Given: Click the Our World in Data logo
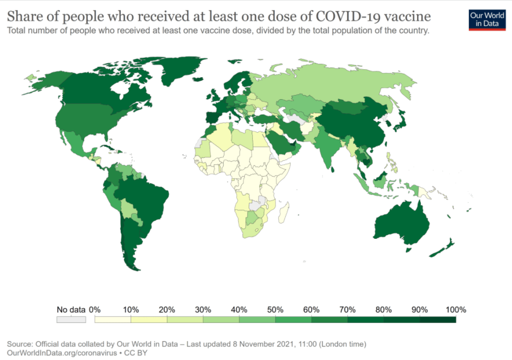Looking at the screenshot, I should pyautogui.click(x=487, y=19).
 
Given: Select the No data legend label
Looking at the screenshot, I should pyautogui.click(x=71, y=309).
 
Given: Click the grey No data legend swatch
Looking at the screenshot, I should pyautogui.click(x=71, y=319).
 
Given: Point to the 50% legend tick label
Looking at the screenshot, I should pyautogui.click(x=275, y=309).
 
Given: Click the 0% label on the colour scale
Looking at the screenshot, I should pyautogui.click(x=95, y=309).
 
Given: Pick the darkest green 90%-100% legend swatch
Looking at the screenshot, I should pyautogui.click(x=437, y=319).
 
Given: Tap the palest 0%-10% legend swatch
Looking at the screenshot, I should pyautogui.click(x=113, y=319).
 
